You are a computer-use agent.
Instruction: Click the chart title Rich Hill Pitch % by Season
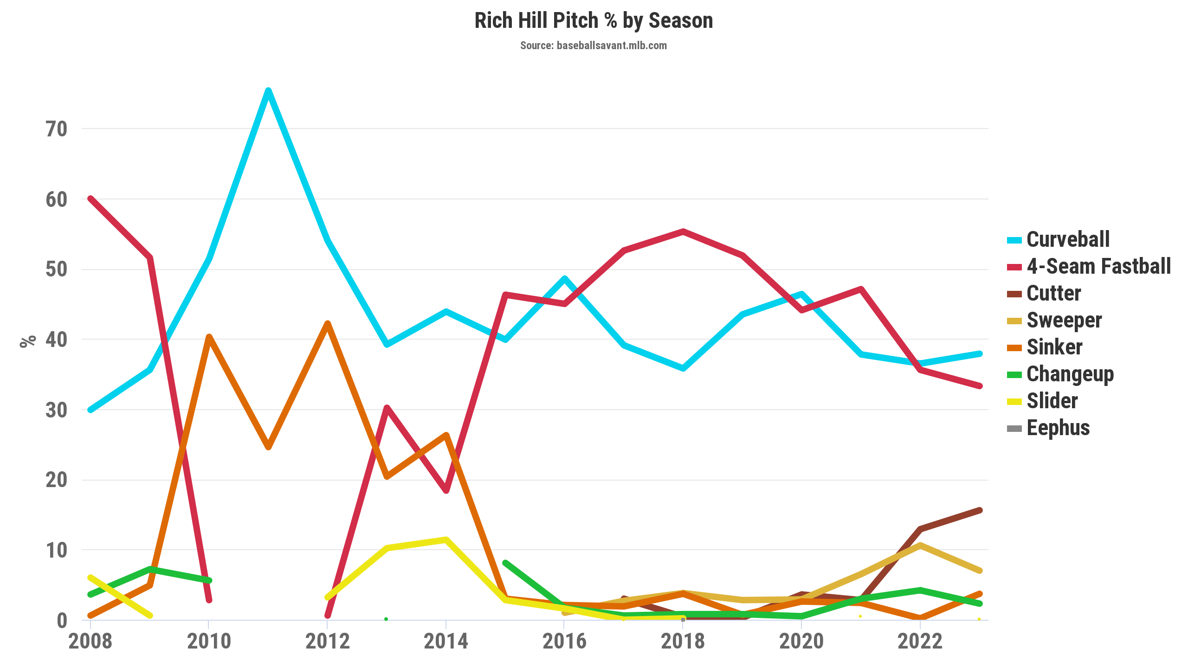click(x=594, y=21)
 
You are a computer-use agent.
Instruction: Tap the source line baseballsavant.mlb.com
click(x=594, y=45)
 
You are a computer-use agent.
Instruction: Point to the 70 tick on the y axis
click(x=57, y=129)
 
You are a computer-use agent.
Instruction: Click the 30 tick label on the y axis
click(x=57, y=410)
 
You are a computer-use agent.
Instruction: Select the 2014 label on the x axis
click(x=446, y=641)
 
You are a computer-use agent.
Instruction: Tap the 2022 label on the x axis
click(x=920, y=641)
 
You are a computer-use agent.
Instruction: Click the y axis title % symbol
click(x=28, y=341)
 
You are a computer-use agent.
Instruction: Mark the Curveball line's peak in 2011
click(x=268, y=90)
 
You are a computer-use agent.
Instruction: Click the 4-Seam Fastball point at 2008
click(x=91, y=199)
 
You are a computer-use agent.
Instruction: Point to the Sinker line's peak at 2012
click(x=328, y=323)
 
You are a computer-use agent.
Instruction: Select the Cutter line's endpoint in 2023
click(x=979, y=511)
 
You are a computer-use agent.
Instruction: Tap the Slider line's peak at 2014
click(x=446, y=540)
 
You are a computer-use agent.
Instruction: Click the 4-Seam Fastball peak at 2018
click(x=683, y=231)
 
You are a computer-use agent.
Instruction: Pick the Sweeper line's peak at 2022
click(x=920, y=546)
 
